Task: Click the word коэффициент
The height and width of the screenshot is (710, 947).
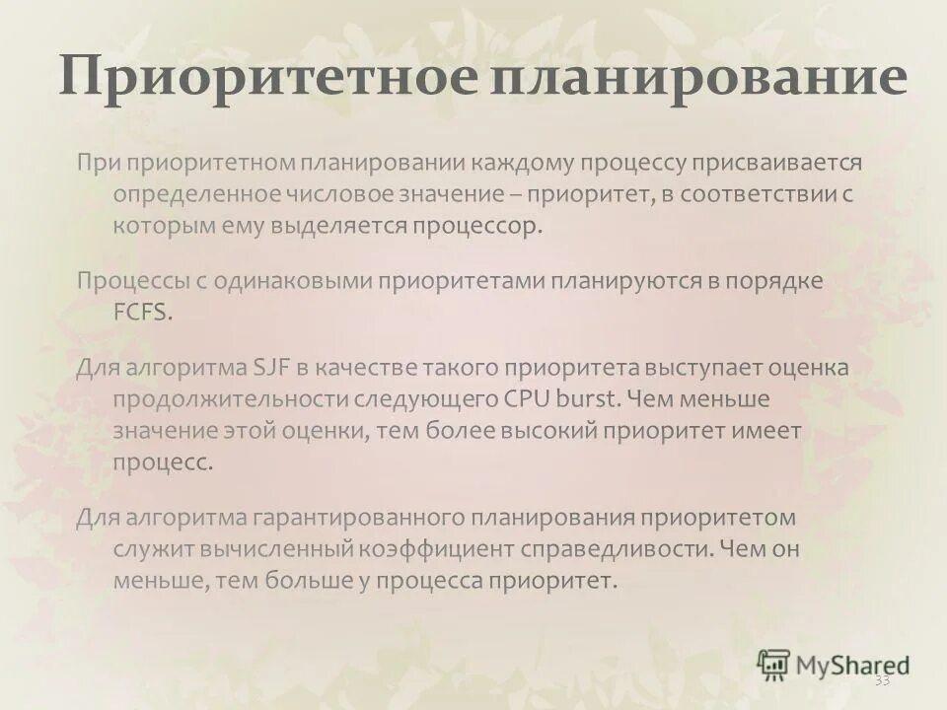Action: (435, 549)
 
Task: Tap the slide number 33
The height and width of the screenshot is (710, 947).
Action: (882, 680)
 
